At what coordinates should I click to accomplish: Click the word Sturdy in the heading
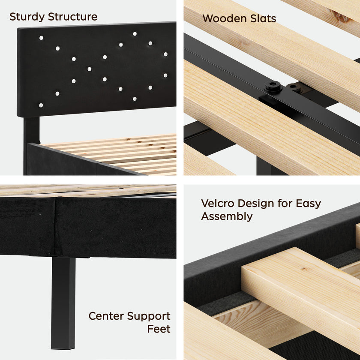point(27,17)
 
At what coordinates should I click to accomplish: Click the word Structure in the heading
point(72,17)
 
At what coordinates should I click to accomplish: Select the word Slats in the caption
point(262,18)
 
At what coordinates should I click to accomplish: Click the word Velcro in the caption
point(218,203)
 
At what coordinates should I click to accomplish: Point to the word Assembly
point(227,216)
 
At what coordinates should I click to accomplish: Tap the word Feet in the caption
point(159,329)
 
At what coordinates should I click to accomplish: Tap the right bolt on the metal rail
point(294,89)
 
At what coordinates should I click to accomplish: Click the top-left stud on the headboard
point(41,38)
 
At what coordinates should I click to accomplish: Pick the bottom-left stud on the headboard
point(41,105)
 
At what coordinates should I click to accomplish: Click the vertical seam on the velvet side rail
point(55,223)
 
